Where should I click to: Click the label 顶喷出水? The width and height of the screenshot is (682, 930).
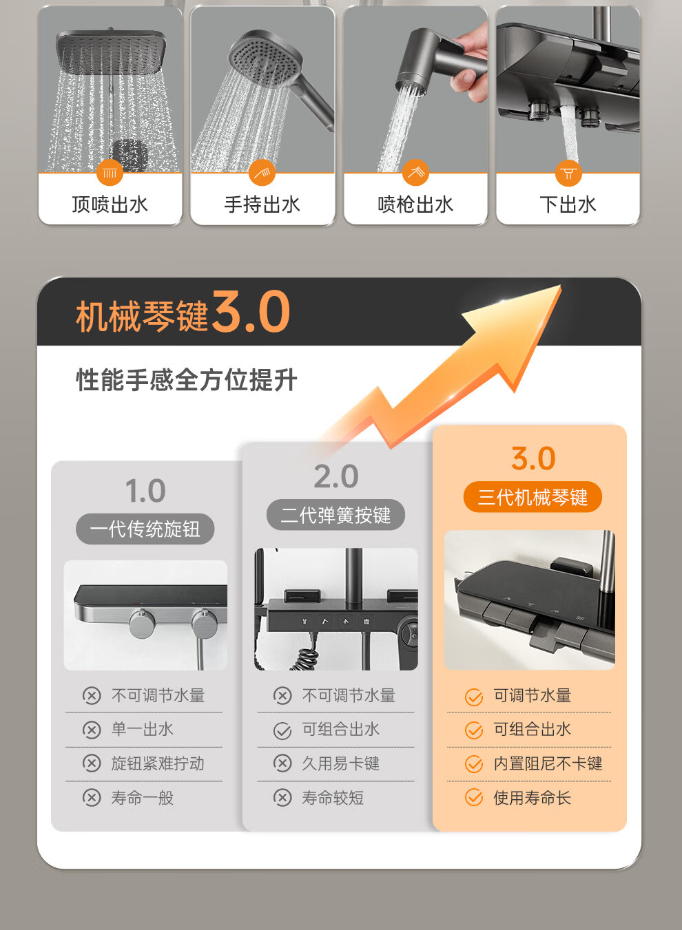tap(110, 204)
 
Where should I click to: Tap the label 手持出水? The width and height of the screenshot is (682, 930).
tap(262, 204)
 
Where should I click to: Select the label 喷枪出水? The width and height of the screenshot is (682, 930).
tap(415, 204)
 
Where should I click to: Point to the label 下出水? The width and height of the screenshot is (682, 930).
tap(568, 204)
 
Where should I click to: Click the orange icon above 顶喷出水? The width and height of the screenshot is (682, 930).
tap(110, 173)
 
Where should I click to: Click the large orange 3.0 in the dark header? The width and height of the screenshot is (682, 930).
tap(251, 312)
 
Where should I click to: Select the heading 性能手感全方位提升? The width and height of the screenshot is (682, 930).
tap(187, 379)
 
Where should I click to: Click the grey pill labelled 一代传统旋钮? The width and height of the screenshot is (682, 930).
tap(145, 529)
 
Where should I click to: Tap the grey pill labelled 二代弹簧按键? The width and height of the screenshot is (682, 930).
tap(335, 515)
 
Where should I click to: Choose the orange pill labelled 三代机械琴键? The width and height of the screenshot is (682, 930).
tap(533, 497)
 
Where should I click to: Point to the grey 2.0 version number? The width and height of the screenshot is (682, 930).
tap(335, 476)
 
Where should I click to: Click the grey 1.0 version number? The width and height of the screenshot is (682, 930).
tap(145, 491)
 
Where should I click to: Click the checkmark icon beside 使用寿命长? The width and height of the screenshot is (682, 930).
tap(474, 798)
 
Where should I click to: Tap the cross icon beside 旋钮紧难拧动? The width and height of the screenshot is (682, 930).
tap(92, 763)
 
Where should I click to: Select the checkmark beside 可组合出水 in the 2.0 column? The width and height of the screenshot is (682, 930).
tap(282, 731)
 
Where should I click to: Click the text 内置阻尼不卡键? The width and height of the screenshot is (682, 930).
tap(548, 763)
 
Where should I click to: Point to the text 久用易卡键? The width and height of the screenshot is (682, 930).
tap(341, 763)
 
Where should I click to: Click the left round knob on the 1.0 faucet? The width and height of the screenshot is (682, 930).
tap(142, 624)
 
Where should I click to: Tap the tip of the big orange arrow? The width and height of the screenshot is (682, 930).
tap(561, 285)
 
